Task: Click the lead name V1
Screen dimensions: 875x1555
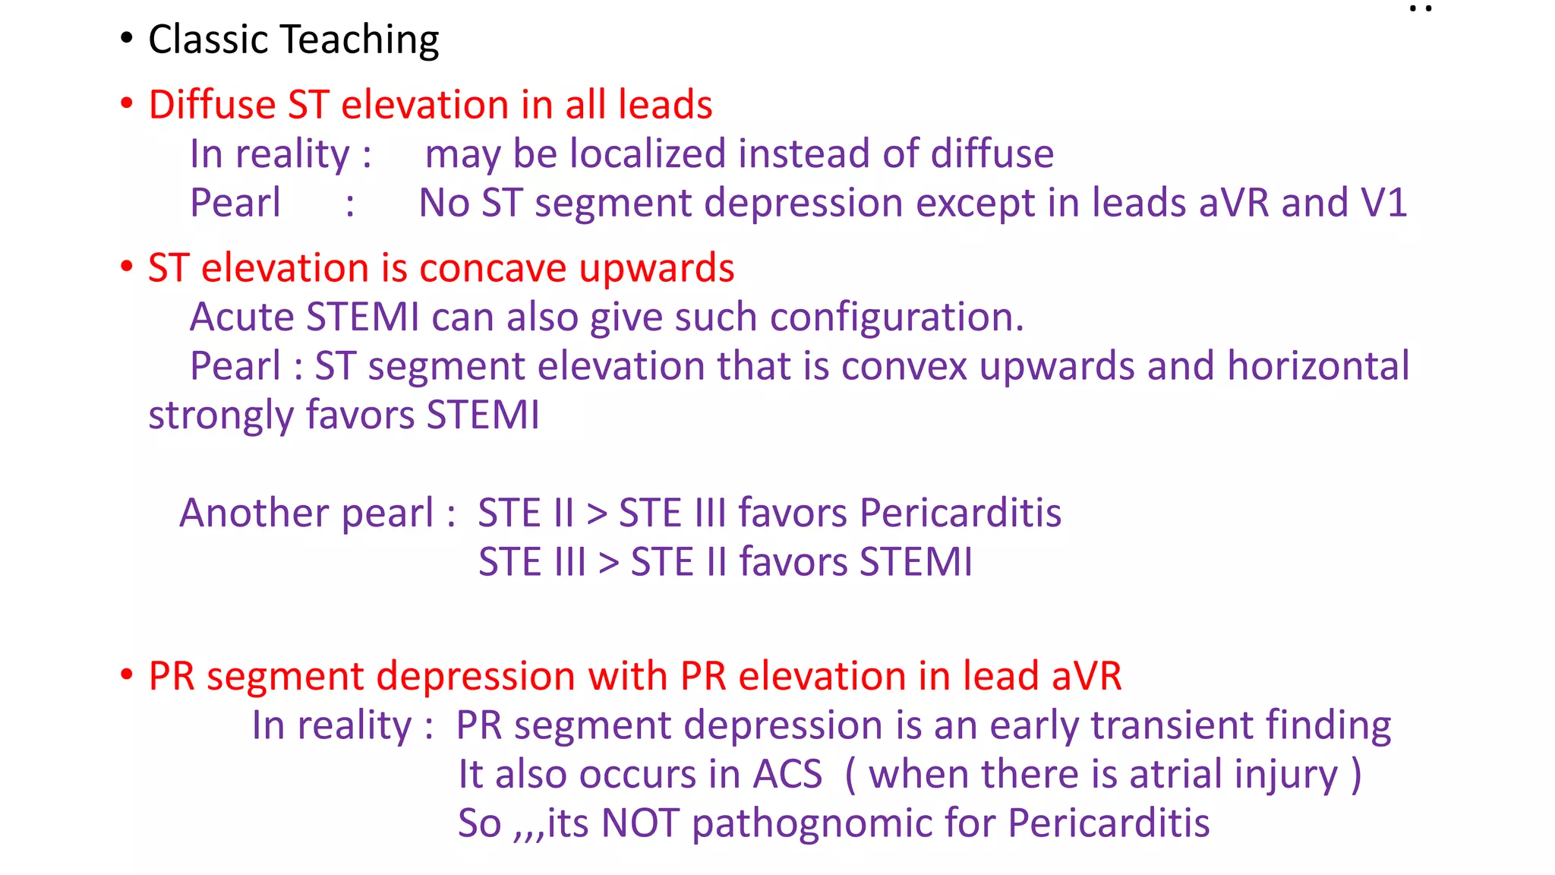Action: coord(1383,203)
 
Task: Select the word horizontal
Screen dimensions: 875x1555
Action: coord(1318,366)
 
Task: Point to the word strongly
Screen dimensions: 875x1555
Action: coord(220,416)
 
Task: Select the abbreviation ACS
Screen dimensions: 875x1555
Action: coord(787,775)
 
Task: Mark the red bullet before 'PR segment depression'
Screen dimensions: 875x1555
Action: coord(127,674)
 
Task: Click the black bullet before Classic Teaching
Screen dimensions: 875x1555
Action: coord(127,38)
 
